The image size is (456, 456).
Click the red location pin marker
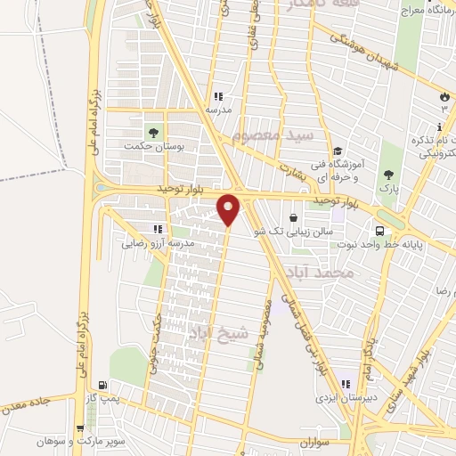pyautogui.click(x=229, y=208)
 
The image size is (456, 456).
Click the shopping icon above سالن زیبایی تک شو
pyautogui.click(x=293, y=216)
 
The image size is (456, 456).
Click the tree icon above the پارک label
pyautogui.click(x=387, y=175)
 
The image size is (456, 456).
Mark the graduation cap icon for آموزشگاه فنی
pyautogui.click(x=338, y=151)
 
